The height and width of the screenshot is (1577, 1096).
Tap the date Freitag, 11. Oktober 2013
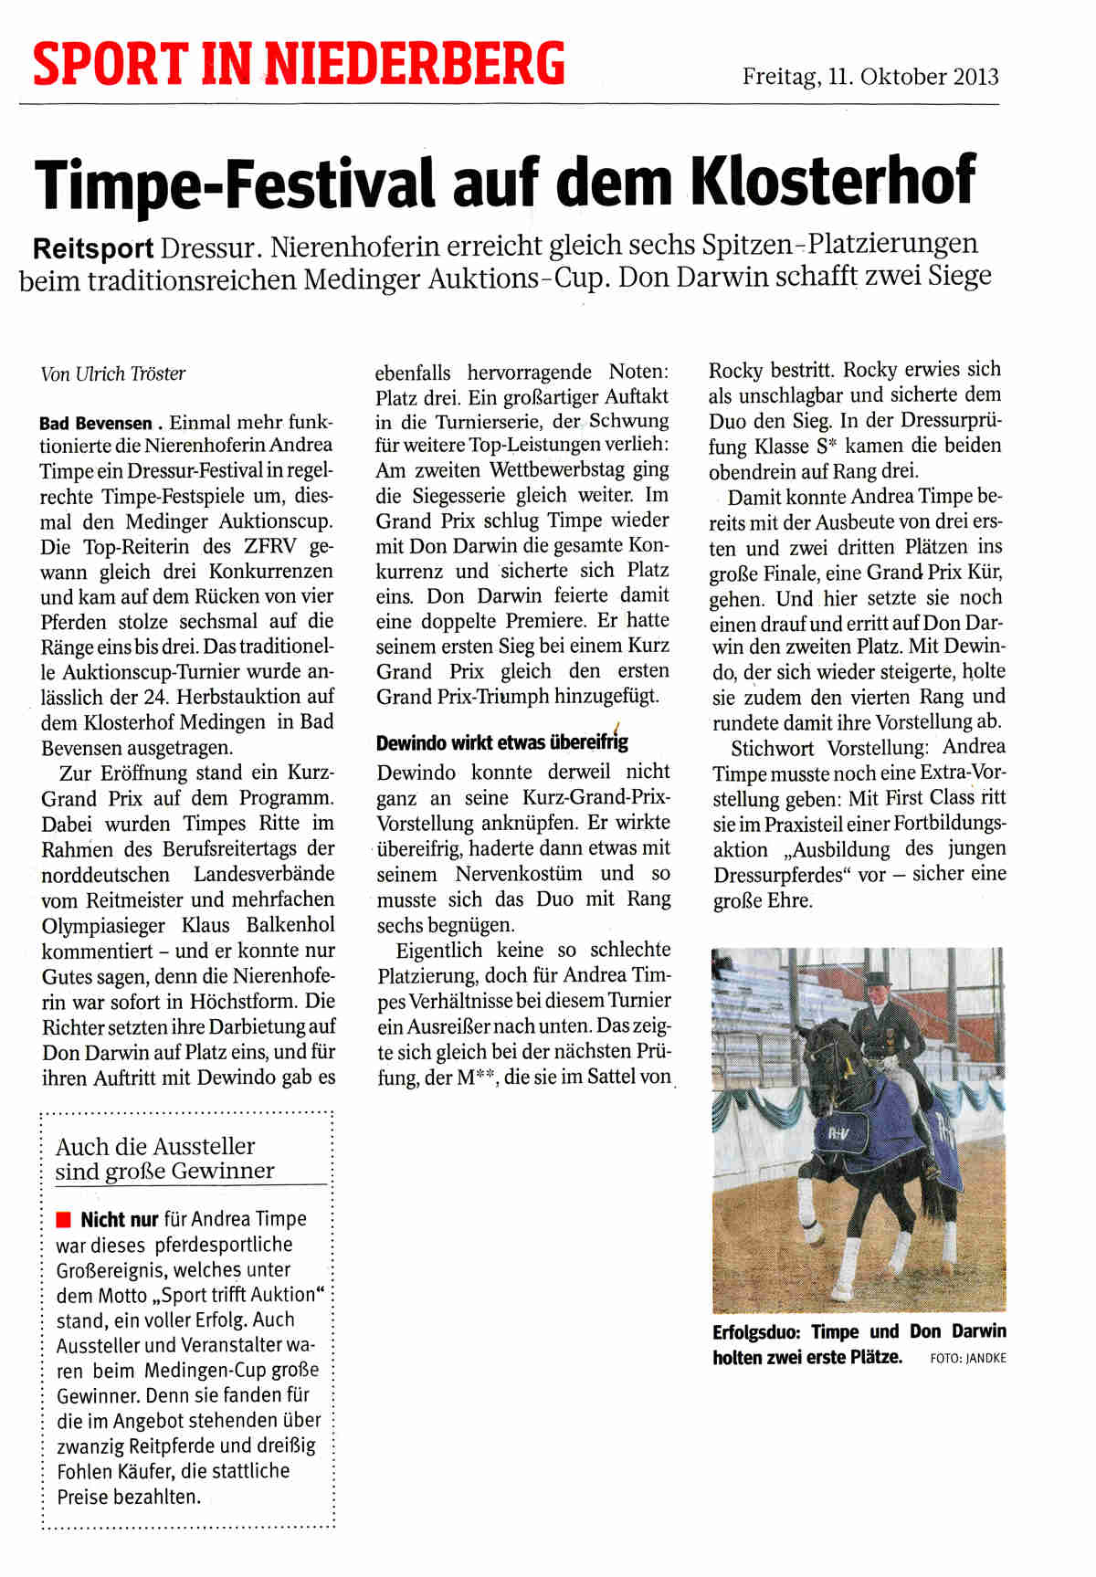click(x=869, y=77)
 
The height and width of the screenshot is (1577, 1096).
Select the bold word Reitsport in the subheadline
click(x=93, y=247)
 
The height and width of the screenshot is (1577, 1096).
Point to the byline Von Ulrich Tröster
click(x=113, y=373)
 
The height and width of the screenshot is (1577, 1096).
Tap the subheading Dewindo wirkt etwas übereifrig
click(x=501, y=742)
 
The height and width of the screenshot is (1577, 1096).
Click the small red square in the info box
click(x=63, y=1219)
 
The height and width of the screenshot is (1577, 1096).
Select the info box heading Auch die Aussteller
click(x=155, y=1147)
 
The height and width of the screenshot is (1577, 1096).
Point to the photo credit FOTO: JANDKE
click(x=967, y=1358)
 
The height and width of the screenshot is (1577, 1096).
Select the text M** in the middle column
click(x=473, y=1078)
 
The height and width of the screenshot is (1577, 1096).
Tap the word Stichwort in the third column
click(x=775, y=747)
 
